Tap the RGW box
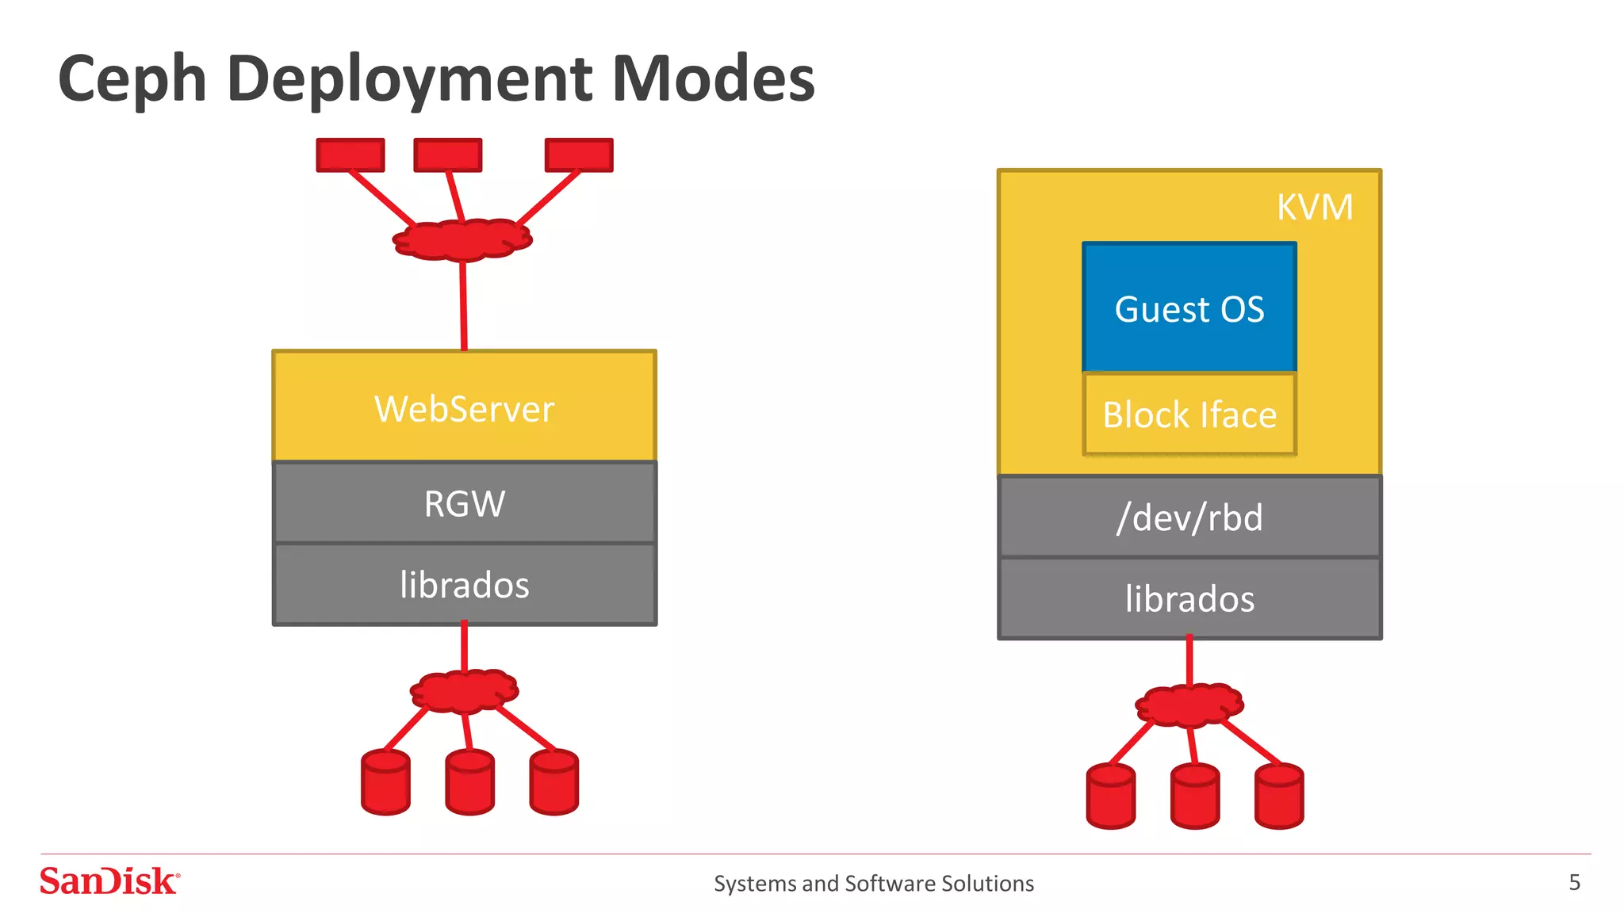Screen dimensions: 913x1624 coord(464,503)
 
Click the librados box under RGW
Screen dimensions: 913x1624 coord(464,585)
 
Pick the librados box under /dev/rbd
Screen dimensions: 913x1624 coord(1189,599)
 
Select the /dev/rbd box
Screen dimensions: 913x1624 coord(1189,518)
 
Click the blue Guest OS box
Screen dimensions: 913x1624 coord(1189,308)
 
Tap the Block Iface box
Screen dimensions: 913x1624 coord(1189,414)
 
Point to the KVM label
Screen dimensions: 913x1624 coord(1314,208)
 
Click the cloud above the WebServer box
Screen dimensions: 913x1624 coord(462,240)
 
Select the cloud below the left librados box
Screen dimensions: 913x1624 coord(464,691)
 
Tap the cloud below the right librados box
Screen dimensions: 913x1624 coord(1189,705)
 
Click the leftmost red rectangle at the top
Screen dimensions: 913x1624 coord(350,155)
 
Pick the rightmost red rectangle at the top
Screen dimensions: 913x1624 coord(579,155)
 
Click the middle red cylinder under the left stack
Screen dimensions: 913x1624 coord(469,783)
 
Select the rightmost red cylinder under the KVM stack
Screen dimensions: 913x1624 coord(1279,796)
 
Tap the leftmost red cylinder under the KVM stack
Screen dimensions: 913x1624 coord(1110,796)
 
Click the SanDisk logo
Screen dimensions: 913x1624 coord(109,881)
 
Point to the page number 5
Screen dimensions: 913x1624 coord(1574,882)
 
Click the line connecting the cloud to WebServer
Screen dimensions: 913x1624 coord(463,305)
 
